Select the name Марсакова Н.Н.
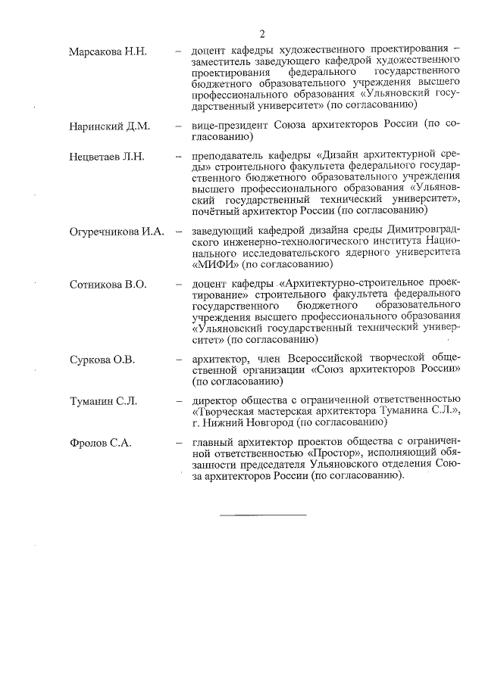(x=108, y=52)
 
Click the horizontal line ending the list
(x=262, y=515)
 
